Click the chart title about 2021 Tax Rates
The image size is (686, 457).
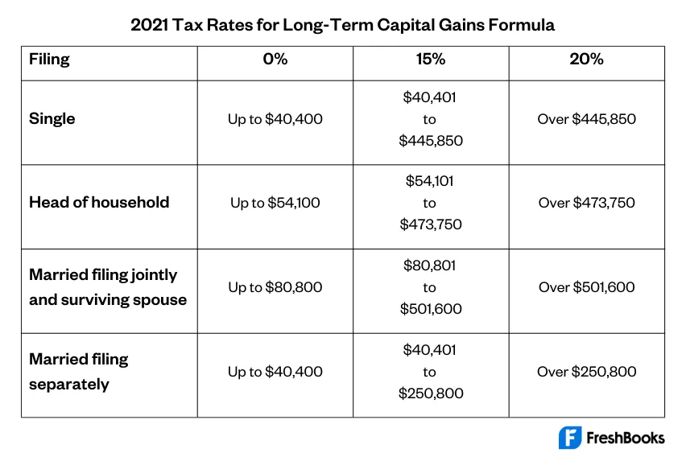[x=342, y=24]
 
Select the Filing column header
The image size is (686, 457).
[x=49, y=60]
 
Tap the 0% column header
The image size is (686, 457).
[x=275, y=60]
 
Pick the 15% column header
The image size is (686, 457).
[x=430, y=60]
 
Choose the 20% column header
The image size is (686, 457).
[x=586, y=60]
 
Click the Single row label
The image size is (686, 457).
[x=52, y=119]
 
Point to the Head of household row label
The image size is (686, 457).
[x=99, y=203]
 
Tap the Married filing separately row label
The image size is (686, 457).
[x=79, y=371]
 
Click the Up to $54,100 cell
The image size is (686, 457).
[x=275, y=203]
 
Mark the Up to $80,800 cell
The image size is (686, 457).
[x=275, y=287]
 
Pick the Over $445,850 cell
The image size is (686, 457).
[x=586, y=119]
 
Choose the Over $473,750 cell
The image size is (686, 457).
[x=586, y=203]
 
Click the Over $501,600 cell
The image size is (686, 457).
[x=586, y=287]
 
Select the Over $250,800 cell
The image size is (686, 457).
[x=586, y=372]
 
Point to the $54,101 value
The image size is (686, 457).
[x=430, y=181]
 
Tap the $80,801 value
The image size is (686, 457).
[x=430, y=266]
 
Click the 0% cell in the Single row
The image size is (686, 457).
[x=275, y=119]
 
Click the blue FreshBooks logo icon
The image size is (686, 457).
[x=570, y=438]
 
